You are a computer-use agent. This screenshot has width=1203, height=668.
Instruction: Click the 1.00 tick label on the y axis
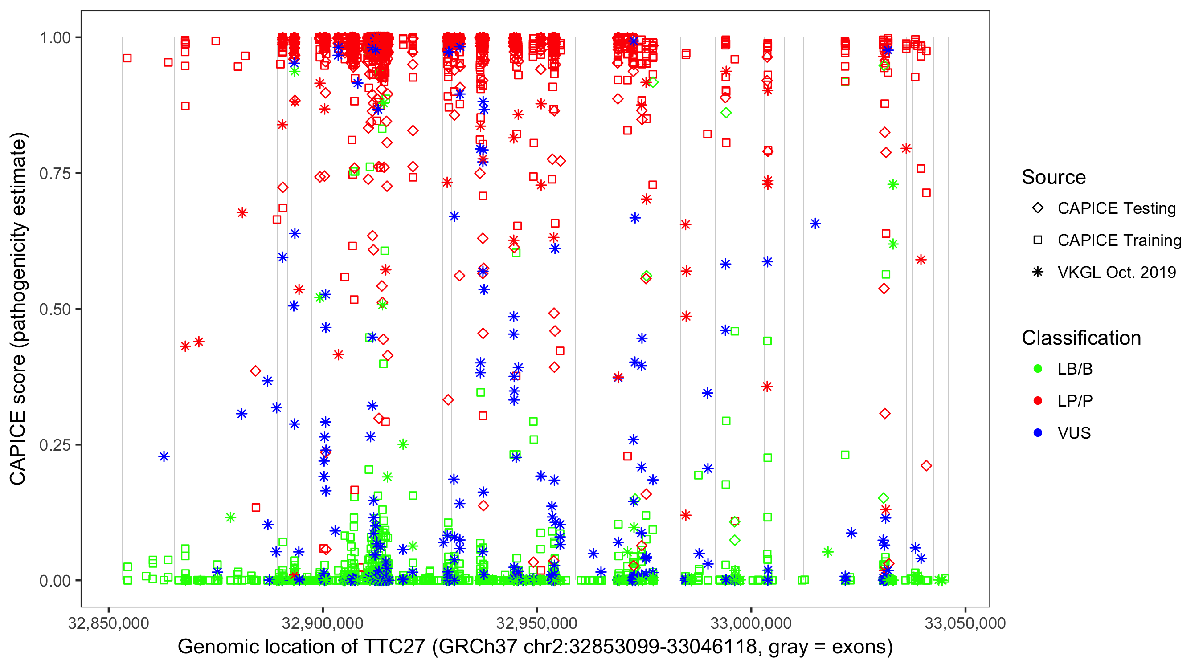tap(55, 37)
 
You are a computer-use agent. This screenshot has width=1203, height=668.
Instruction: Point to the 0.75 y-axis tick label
tap(55, 173)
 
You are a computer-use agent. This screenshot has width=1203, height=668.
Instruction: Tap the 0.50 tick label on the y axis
tap(55, 309)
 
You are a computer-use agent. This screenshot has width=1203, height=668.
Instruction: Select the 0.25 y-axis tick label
tap(55, 444)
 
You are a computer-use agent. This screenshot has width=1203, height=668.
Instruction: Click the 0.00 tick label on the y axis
tap(55, 580)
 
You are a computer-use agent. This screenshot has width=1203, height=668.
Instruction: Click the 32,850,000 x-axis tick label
tap(108, 623)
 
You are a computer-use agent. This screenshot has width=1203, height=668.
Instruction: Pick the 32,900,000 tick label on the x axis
tap(323, 623)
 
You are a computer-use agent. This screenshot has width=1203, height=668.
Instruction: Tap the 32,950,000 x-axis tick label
tap(536, 623)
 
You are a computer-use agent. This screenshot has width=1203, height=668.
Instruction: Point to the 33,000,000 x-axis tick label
tap(751, 623)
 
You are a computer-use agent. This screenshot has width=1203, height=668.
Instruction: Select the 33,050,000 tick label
tap(965, 623)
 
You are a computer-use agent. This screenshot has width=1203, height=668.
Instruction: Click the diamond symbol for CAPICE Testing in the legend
tap(1038, 208)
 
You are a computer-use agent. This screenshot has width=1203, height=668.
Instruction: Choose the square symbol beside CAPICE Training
tap(1038, 240)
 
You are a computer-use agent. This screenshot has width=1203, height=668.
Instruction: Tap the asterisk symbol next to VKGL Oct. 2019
tap(1038, 272)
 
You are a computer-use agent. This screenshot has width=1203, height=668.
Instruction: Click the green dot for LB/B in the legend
tap(1038, 369)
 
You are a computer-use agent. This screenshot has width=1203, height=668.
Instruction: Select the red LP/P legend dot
tap(1038, 400)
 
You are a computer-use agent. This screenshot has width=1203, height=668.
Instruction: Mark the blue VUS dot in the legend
tap(1038, 433)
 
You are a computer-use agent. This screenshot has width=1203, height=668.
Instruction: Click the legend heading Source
tap(1054, 177)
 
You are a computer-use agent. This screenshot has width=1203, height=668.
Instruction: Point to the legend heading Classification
tap(1081, 338)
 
